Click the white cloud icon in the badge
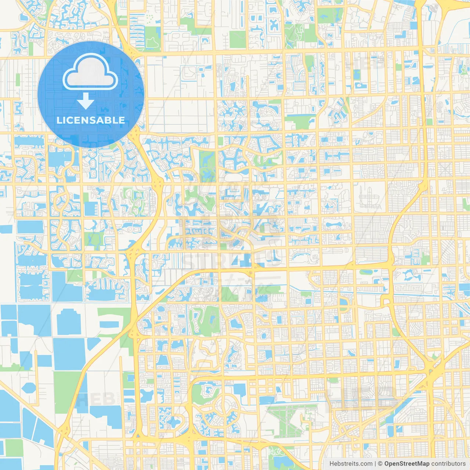tap(90, 72)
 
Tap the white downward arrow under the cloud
tap(86, 101)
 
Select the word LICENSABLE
tap(91, 120)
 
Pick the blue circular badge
tap(91, 94)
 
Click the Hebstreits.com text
tap(351, 464)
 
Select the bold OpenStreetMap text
tap(406, 464)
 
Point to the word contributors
tap(448, 464)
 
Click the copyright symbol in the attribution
tap(380, 464)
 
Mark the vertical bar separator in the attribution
tap(375, 464)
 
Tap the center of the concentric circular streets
tap(223, 406)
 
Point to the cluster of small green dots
tap(150, 17)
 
